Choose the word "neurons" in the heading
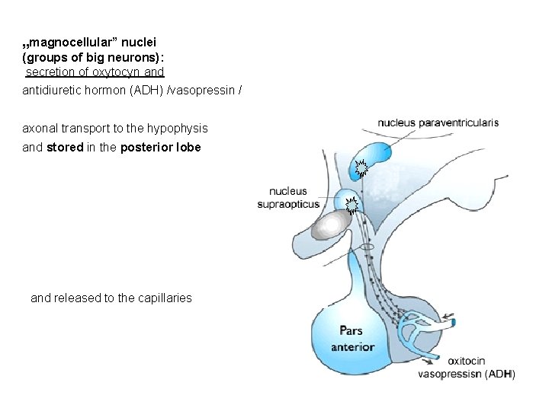click(x=148, y=57)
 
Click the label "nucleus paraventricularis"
click(x=438, y=122)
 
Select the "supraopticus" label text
click(x=289, y=203)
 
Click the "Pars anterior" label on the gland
click(x=352, y=339)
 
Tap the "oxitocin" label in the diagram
click(x=467, y=362)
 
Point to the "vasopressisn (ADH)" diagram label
click(x=467, y=374)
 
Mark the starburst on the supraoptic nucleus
click(x=352, y=204)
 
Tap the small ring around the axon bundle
click(x=367, y=247)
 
